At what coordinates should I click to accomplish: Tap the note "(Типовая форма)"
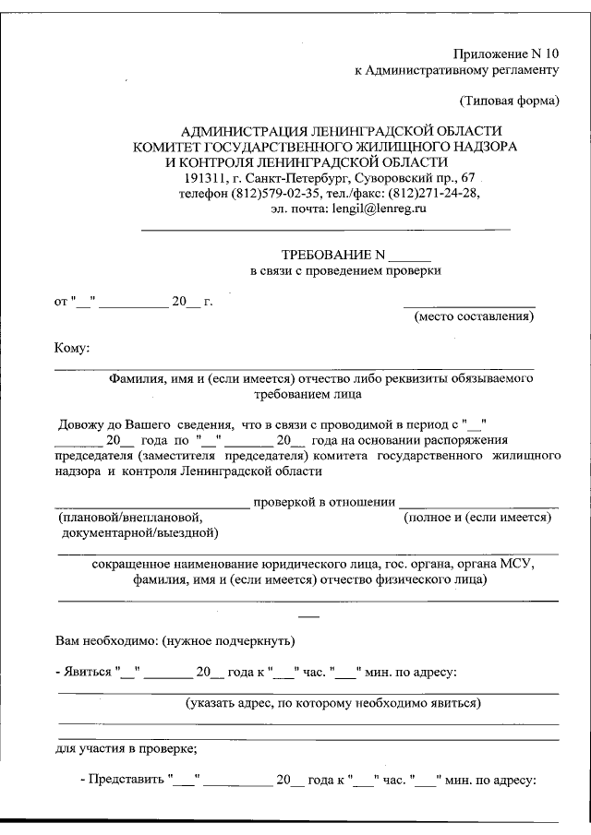[x=509, y=100]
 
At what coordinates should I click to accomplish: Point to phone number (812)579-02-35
[x=275, y=194]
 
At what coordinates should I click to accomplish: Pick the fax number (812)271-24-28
[x=432, y=194]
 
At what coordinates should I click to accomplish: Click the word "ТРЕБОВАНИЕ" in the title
[x=326, y=255]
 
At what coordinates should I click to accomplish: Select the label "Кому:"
[x=73, y=348]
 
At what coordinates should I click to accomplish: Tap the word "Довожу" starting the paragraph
[x=80, y=425]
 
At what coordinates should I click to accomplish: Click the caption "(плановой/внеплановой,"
[x=129, y=519]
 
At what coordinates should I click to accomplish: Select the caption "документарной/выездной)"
[x=139, y=533]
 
